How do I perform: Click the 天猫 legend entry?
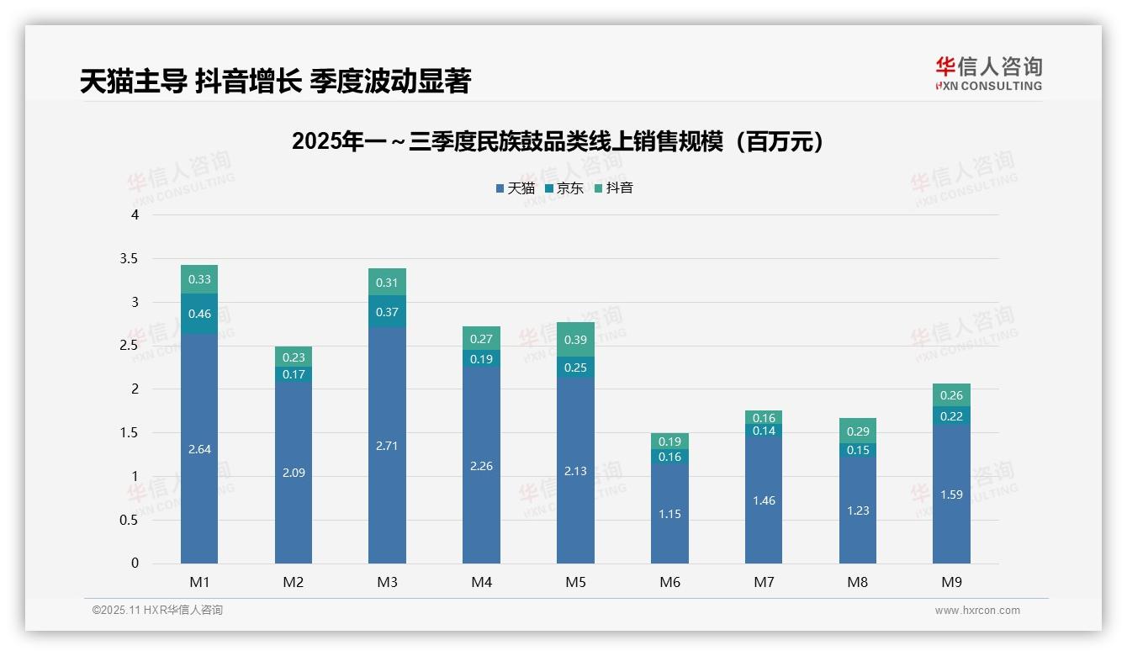click(516, 188)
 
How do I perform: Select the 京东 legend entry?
click(564, 188)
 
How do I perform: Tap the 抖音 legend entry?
click(614, 188)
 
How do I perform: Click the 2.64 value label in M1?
click(199, 450)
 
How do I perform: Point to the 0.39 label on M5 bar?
click(575, 340)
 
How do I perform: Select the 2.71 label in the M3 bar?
click(387, 446)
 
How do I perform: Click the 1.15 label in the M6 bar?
click(669, 514)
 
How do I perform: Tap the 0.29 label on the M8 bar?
click(858, 431)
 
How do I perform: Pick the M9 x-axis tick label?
click(951, 582)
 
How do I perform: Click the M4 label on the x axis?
click(481, 582)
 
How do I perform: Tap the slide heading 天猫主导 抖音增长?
click(275, 81)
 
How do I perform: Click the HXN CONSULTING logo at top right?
click(988, 74)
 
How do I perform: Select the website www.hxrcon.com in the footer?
click(977, 611)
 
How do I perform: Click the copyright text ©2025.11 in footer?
click(157, 611)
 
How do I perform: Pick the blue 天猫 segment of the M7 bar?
click(764, 500)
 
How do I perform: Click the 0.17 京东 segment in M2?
click(294, 374)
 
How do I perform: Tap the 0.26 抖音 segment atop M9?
click(951, 395)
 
